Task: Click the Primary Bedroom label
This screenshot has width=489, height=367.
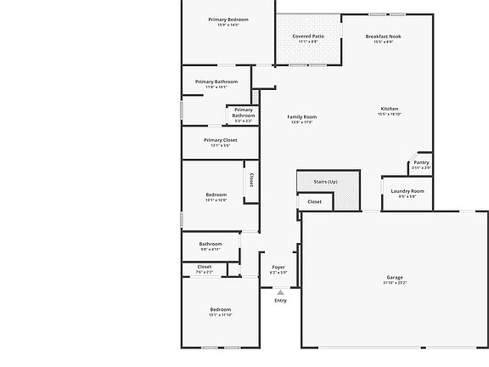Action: tap(228, 19)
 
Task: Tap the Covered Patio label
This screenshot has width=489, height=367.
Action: tap(308, 37)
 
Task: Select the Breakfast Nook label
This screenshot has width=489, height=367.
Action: tap(384, 37)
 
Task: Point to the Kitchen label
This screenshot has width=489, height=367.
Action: tap(390, 109)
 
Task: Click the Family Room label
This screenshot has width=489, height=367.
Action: tap(301, 116)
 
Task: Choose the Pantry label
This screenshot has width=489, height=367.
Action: tap(421, 162)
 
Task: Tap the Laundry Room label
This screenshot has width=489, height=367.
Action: tap(407, 191)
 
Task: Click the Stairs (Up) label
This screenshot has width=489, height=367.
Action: tap(326, 182)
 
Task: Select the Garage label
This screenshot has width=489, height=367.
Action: tap(395, 277)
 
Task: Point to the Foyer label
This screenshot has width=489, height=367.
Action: tap(278, 267)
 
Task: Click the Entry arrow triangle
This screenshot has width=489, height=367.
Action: tap(280, 292)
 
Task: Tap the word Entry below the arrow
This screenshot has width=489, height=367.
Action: tap(280, 301)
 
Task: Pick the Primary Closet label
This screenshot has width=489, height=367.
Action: tap(221, 140)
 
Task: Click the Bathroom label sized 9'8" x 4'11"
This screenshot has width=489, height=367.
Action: tap(211, 244)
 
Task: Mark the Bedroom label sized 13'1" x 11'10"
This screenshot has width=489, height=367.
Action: tap(221, 309)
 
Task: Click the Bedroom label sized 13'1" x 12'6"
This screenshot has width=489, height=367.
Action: tap(216, 195)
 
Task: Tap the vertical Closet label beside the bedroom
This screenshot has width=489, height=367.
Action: tap(251, 179)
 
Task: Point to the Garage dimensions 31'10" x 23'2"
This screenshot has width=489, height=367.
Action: tap(395, 283)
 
